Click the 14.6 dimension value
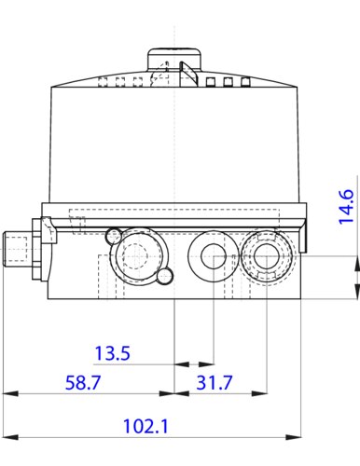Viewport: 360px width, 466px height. coord(346,207)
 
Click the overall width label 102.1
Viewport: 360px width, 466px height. coord(145,426)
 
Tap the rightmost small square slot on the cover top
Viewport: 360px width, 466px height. coord(238,82)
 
